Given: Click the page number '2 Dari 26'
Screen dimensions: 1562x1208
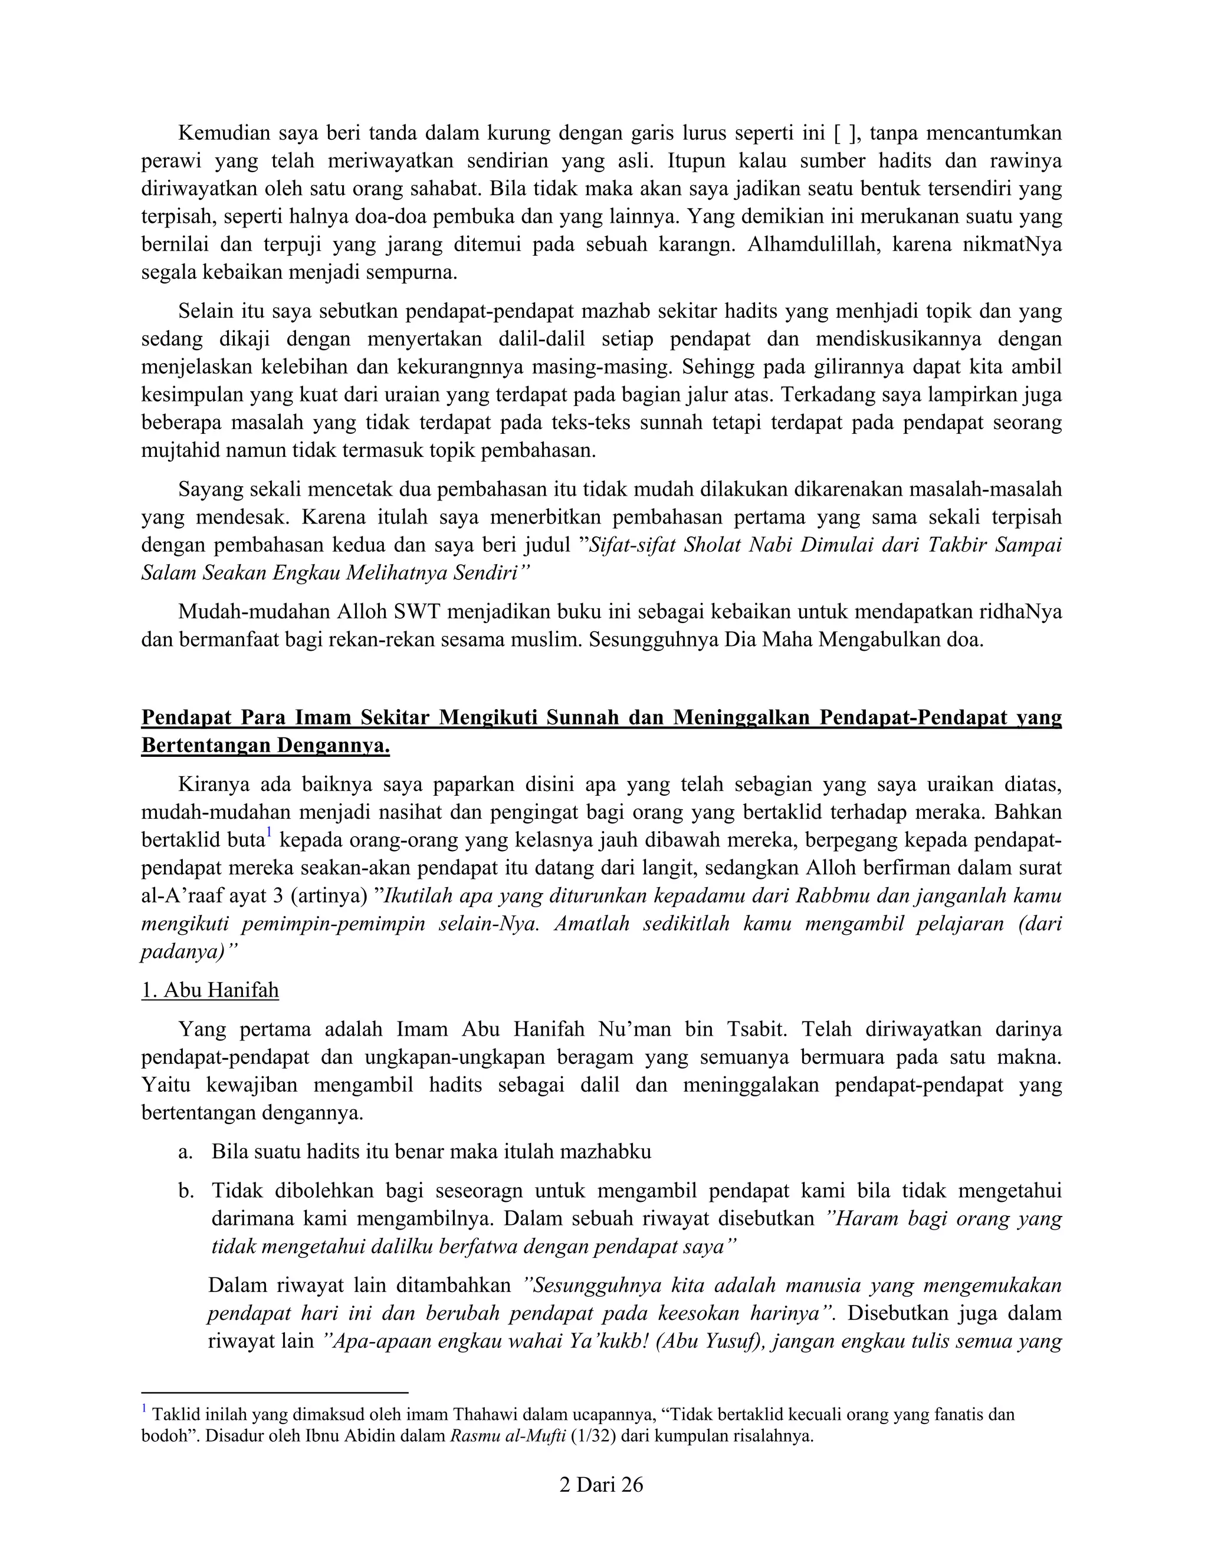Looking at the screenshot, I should coord(600,1485).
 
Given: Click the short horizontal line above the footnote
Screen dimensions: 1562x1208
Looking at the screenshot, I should coord(274,1392).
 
